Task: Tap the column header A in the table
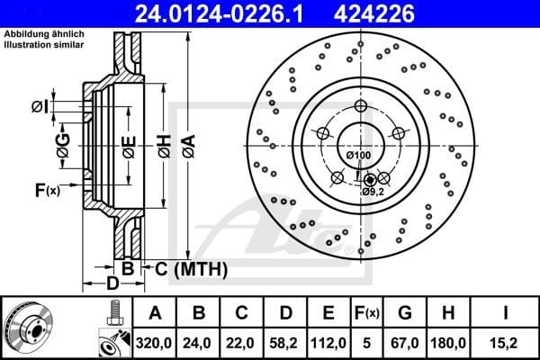pyautogui.click(x=156, y=313)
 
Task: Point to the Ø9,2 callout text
pyautogui.click(x=373, y=191)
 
